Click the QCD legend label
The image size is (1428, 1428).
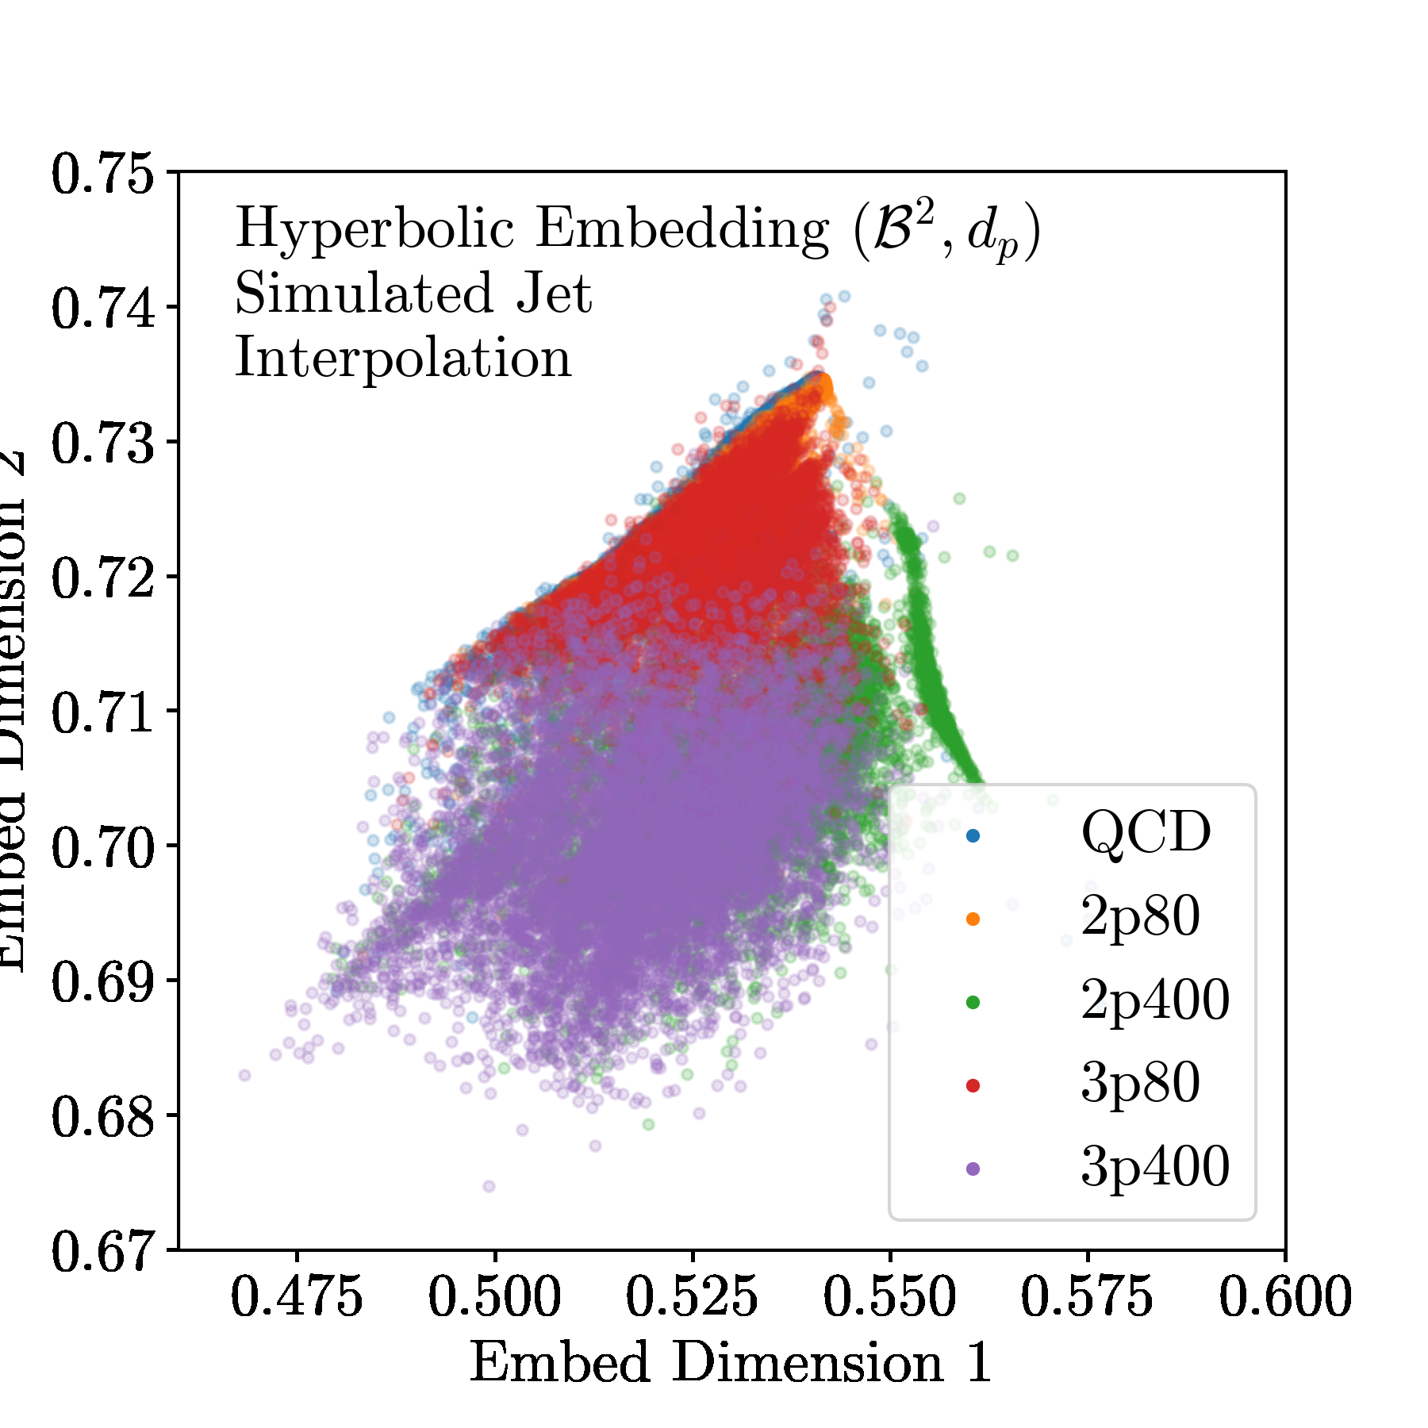point(1146,834)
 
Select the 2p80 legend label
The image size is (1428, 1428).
point(1140,918)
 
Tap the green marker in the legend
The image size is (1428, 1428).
point(973,1002)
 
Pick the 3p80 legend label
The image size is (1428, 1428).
point(1140,1084)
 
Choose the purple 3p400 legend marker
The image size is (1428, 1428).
point(973,1169)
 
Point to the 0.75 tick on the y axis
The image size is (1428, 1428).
point(103,174)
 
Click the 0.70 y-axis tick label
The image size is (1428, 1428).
point(103,846)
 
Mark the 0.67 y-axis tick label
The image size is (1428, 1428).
point(103,1251)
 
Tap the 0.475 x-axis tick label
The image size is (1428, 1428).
point(297,1299)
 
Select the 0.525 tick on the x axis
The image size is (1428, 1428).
point(692,1299)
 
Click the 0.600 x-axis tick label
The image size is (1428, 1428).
point(1284,1299)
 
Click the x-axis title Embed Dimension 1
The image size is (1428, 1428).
point(731,1364)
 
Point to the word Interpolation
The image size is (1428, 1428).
point(403,359)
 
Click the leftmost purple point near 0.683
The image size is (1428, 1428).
point(244,1075)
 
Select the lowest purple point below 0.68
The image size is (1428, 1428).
point(489,1186)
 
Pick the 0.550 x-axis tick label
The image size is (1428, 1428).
point(889,1299)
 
